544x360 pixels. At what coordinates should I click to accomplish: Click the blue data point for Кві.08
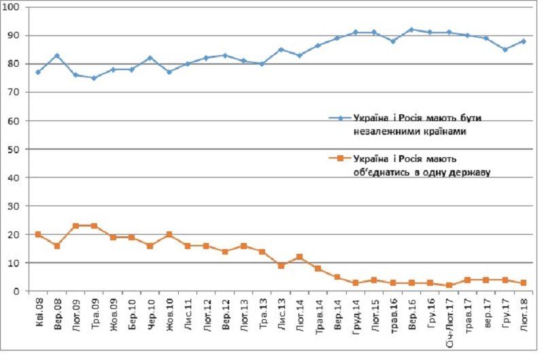[38, 72]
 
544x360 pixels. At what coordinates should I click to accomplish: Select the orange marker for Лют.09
[75, 226]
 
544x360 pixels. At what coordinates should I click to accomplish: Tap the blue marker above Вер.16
[411, 29]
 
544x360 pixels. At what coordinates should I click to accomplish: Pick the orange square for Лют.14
[299, 257]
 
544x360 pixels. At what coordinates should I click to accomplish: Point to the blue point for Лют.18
[524, 41]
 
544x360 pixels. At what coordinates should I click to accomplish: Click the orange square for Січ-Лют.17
[449, 286]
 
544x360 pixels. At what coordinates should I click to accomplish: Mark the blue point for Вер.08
[57, 55]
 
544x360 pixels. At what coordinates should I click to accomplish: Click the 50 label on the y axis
[16, 149]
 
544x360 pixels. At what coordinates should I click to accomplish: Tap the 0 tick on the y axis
[18, 291]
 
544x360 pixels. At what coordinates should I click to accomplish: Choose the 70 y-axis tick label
[16, 93]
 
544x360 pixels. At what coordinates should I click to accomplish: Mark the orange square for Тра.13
[262, 252]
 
